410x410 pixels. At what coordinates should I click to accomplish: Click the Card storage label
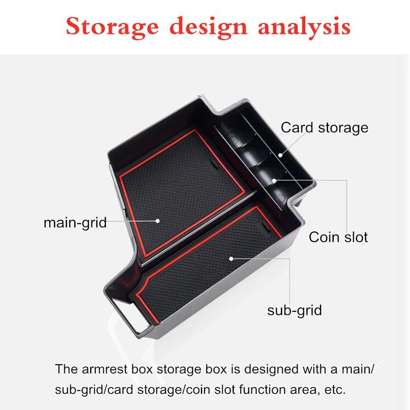[324, 128]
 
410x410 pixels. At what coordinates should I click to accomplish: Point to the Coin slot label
[338, 237]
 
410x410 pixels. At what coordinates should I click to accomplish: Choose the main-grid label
[75, 223]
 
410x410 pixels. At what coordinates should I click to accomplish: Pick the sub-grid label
[294, 310]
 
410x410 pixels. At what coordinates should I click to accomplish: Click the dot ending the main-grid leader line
[157, 221]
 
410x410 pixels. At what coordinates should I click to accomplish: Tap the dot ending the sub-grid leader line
[231, 259]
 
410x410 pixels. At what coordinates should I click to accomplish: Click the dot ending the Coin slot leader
[273, 179]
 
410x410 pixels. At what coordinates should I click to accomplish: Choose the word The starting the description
[66, 369]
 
